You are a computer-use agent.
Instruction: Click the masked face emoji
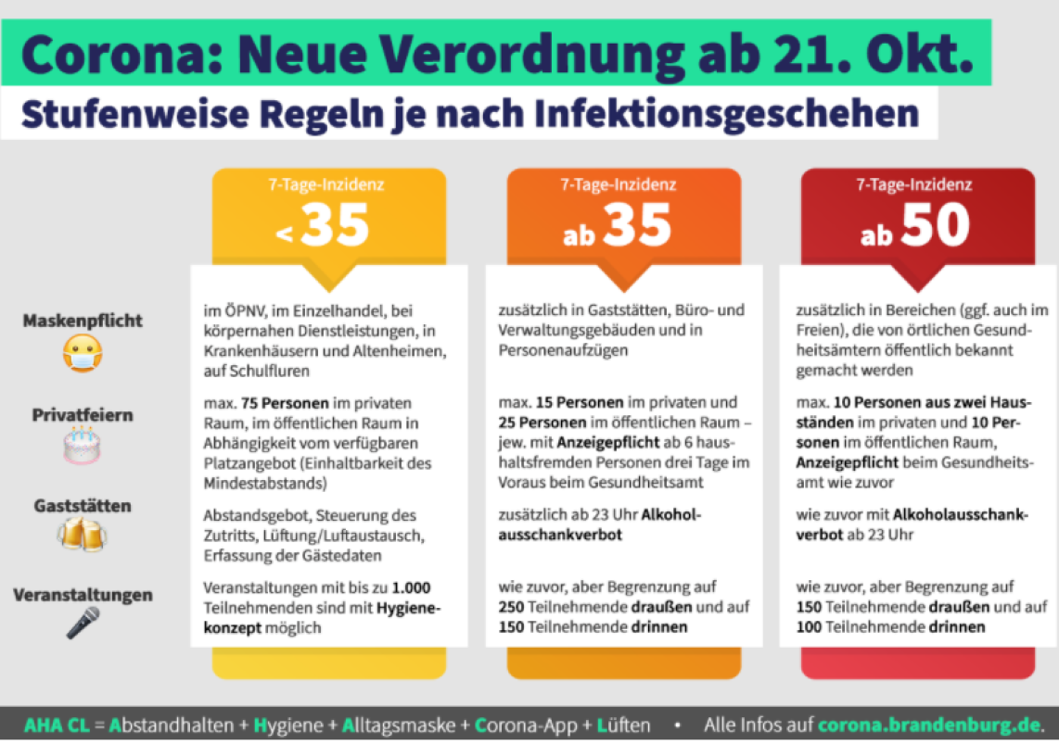tap(83, 353)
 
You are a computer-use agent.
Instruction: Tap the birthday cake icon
tap(83, 446)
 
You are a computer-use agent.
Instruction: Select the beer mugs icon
tap(83, 535)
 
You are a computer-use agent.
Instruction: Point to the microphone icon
tap(83, 623)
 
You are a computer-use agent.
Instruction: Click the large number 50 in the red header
tap(935, 225)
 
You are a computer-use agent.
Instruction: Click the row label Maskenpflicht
tap(83, 322)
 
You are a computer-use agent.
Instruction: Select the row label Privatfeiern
tap(83, 414)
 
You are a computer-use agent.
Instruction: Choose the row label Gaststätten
tap(83, 506)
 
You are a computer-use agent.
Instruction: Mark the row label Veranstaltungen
tap(83, 595)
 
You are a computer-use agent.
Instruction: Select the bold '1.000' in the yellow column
tap(411, 587)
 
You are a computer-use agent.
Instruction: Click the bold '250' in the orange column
tap(511, 607)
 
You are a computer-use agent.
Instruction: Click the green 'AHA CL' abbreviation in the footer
tap(56, 725)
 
